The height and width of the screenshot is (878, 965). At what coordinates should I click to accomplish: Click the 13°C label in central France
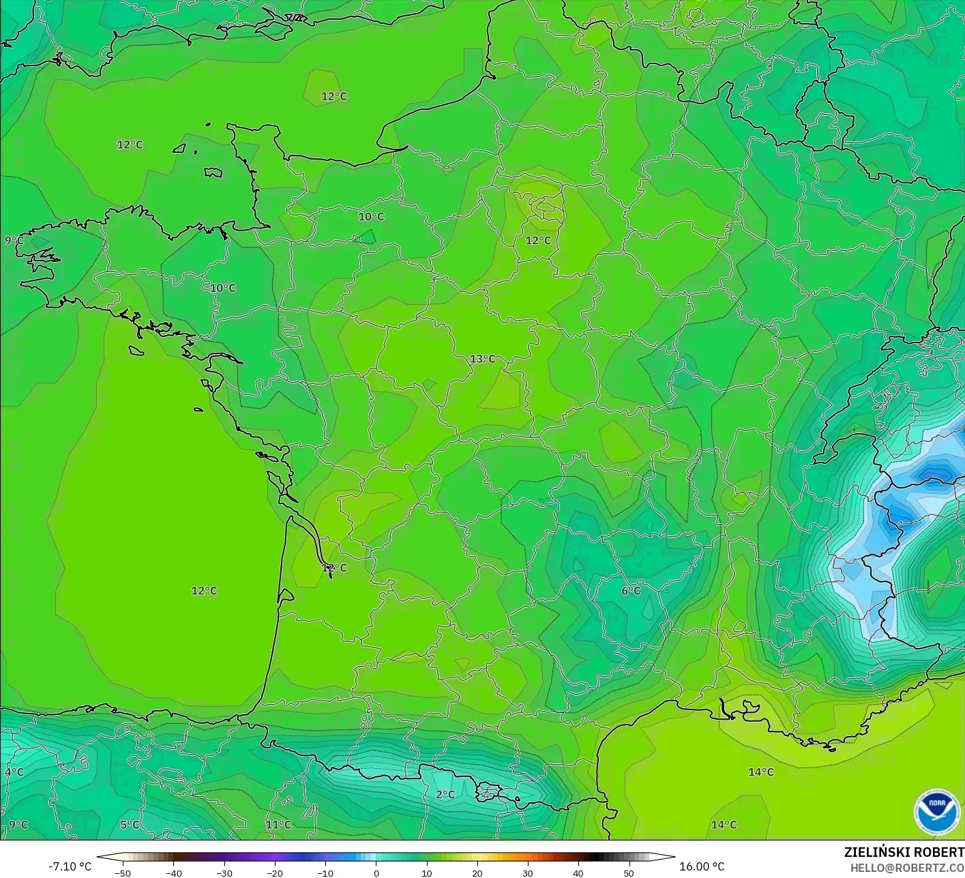(x=483, y=359)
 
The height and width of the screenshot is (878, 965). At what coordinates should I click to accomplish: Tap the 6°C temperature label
(x=631, y=591)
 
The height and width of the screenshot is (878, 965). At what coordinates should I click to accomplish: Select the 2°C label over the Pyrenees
(x=445, y=795)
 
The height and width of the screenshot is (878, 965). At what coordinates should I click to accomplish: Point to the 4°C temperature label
(x=14, y=772)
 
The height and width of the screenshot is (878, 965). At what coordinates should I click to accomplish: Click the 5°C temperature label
(x=130, y=825)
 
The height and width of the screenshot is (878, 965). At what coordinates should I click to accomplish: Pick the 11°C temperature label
(x=278, y=825)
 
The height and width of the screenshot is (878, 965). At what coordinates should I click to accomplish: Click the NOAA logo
(x=936, y=812)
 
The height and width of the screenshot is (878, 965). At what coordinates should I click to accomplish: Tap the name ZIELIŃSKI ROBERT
(x=904, y=852)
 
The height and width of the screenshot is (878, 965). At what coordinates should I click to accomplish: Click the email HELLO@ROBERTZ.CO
(x=907, y=867)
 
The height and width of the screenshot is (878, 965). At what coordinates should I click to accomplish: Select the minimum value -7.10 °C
(x=70, y=866)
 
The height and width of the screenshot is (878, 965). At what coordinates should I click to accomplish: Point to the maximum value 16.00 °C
(x=702, y=866)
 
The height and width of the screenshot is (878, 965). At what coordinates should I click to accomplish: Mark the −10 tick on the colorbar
(x=325, y=873)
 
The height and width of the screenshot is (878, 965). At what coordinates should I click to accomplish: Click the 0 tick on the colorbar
(x=376, y=873)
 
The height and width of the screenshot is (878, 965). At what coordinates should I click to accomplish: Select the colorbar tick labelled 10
(x=426, y=873)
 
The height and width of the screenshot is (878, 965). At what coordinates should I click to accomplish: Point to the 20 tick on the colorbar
(x=477, y=873)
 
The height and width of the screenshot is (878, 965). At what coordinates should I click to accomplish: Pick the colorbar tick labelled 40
(x=578, y=873)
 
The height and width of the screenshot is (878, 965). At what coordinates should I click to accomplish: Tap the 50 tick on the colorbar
(x=629, y=873)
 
